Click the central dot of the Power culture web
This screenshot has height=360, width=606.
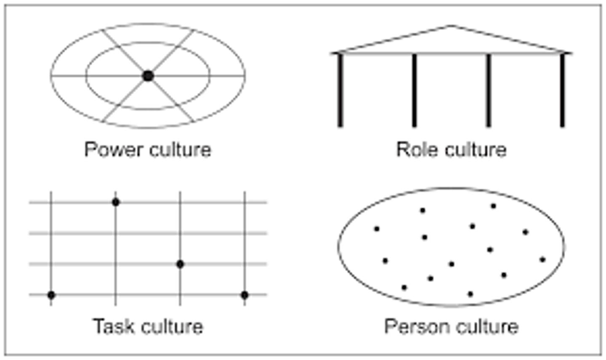click(x=148, y=76)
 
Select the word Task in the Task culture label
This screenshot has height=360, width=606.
click(x=111, y=326)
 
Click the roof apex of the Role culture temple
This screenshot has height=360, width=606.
click(x=451, y=26)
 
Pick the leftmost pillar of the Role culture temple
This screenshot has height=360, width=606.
click(x=340, y=90)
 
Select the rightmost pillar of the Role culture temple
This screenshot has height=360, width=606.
click(x=562, y=90)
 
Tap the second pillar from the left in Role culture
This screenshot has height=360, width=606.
click(x=414, y=90)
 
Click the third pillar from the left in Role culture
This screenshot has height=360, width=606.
click(x=488, y=90)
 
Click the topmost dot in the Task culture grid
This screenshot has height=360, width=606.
click(x=116, y=202)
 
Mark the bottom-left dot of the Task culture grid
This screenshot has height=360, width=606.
click(x=51, y=295)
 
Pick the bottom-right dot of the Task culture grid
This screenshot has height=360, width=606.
click(x=245, y=295)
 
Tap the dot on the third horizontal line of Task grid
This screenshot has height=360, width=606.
click(x=180, y=264)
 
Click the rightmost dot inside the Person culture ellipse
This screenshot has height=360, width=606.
click(x=542, y=259)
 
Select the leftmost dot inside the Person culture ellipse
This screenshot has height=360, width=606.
click(x=377, y=229)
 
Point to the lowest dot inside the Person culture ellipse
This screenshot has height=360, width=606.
click(x=470, y=294)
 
